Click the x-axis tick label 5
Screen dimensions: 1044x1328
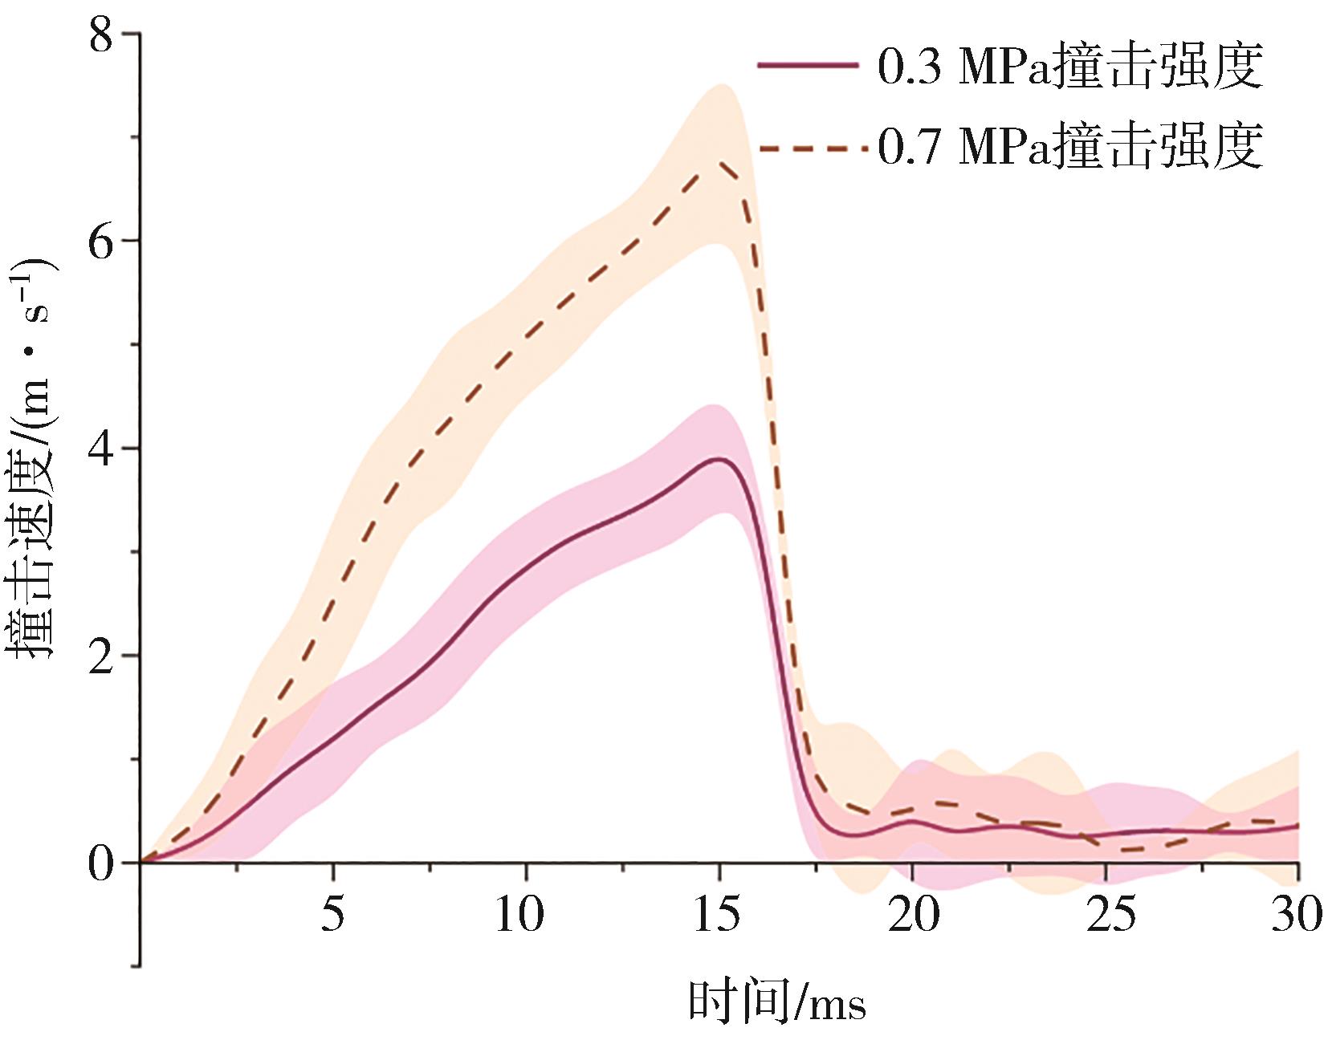coord(332,914)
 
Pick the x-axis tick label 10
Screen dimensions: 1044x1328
coord(519,914)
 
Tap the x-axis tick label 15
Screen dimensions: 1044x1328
coord(717,914)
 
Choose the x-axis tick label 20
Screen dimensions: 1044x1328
coord(913,914)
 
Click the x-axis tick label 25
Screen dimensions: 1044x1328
coord(1111,914)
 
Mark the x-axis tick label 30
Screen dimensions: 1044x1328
coord(1296,914)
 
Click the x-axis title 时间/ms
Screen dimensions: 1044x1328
coord(777,1001)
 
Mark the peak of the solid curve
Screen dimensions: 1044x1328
coord(720,459)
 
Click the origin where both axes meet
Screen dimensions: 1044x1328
coord(141,863)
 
